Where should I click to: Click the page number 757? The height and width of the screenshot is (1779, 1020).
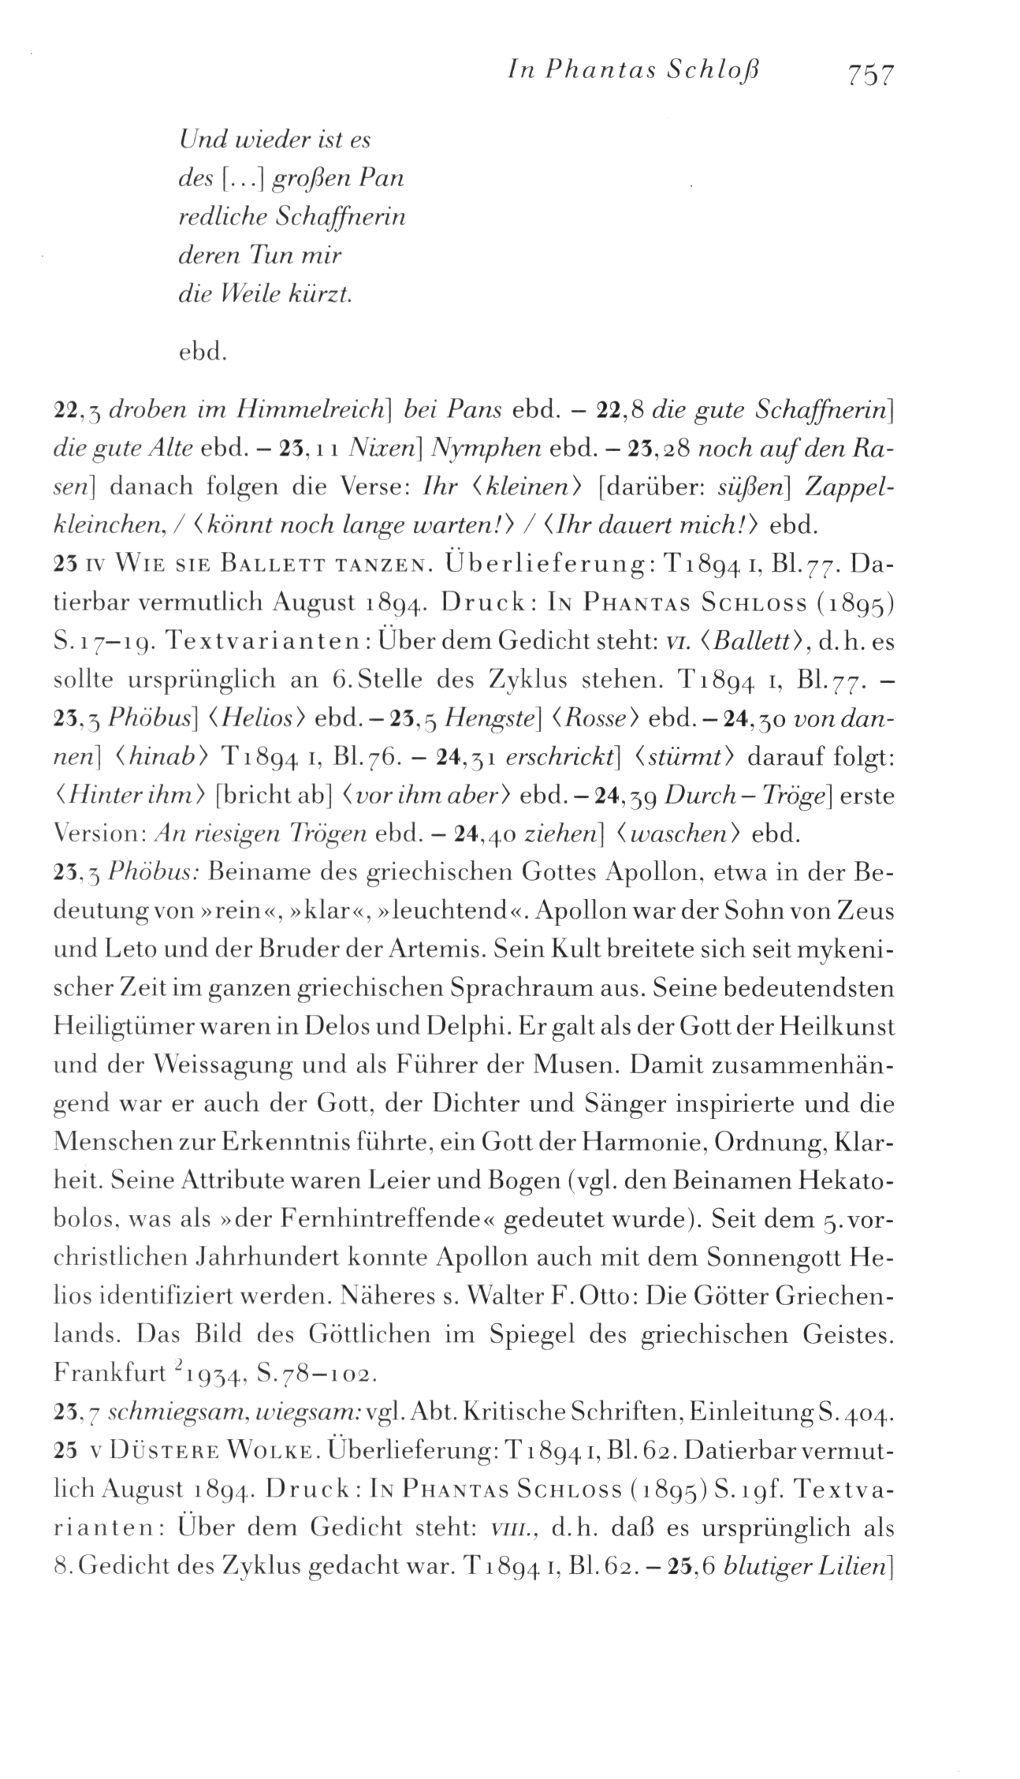(870, 74)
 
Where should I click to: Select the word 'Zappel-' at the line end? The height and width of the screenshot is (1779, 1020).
(847, 486)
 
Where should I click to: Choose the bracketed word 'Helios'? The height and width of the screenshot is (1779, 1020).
(257, 718)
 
